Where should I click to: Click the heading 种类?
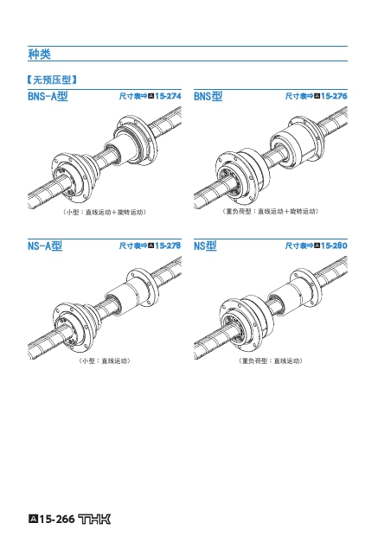(x=39, y=54)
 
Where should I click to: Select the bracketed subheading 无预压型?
(x=52, y=80)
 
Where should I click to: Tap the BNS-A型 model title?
(x=48, y=96)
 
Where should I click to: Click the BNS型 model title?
(x=208, y=96)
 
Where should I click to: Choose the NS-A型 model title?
(x=45, y=246)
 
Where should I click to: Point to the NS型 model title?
(x=205, y=246)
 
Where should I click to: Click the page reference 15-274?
(x=168, y=96)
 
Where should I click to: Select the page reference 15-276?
(x=334, y=96)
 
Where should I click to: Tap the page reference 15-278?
(x=168, y=246)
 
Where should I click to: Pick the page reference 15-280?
(x=334, y=246)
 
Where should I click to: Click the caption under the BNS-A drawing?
(x=105, y=212)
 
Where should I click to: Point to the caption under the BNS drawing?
(x=271, y=211)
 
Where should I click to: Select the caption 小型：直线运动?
(x=105, y=361)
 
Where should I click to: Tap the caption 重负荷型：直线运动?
(x=271, y=361)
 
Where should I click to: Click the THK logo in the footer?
(x=94, y=520)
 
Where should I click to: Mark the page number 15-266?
(x=57, y=520)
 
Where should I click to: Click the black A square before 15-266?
(x=33, y=519)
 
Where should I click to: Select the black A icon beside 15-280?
(x=317, y=246)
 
